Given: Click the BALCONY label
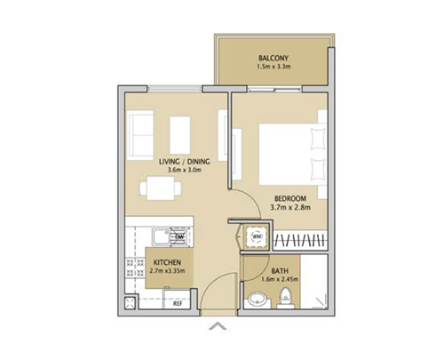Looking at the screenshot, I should (x=273, y=59).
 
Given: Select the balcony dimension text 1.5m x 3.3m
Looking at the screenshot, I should (x=273, y=68).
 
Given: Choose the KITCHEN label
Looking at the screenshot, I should (x=168, y=263).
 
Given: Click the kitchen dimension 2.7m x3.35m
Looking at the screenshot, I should (x=168, y=273).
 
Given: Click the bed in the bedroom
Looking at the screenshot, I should (x=283, y=153).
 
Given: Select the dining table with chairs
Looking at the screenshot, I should (x=162, y=188).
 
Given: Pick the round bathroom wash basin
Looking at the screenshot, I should (x=257, y=299).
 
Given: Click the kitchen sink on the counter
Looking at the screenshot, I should (x=159, y=236).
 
